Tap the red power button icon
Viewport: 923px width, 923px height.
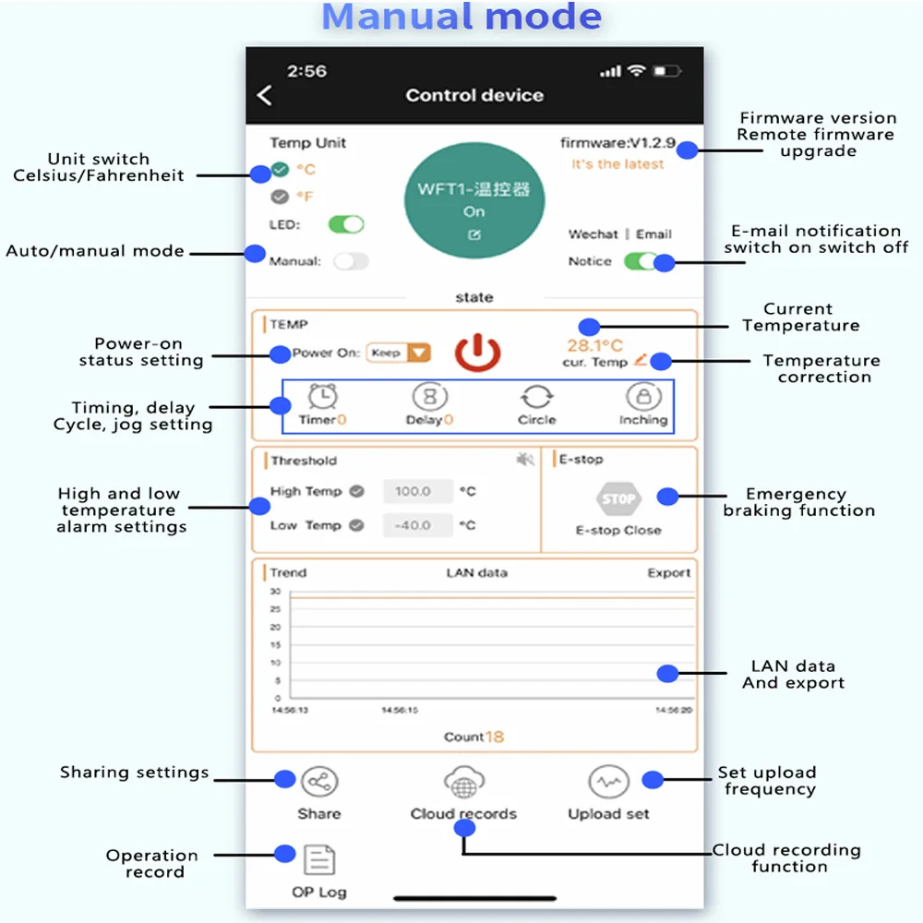point(477,354)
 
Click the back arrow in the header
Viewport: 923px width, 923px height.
point(265,95)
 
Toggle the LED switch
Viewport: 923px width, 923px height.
point(346,224)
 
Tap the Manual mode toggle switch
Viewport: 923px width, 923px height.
point(351,261)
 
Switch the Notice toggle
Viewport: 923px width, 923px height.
point(641,261)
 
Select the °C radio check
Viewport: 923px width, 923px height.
point(281,170)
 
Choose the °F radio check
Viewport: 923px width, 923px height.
point(281,197)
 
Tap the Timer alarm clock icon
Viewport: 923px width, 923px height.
point(322,397)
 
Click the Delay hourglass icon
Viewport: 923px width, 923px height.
point(429,397)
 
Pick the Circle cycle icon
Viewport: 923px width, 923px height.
point(536,398)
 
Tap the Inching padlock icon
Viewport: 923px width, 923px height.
point(642,397)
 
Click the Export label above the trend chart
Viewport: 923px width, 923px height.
point(668,573)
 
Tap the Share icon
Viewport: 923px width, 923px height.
point(319,783)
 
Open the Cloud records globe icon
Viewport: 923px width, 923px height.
point(463,783)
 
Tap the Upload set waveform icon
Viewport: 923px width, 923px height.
point(608,783)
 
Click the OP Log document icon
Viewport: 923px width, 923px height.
point(319,860)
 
